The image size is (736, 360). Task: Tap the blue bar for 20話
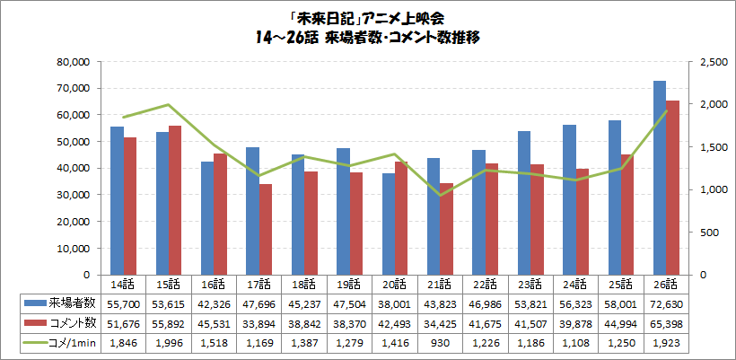pos(389,224)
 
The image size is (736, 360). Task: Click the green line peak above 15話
pos(169,105)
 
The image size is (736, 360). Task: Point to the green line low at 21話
pos(441,195)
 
